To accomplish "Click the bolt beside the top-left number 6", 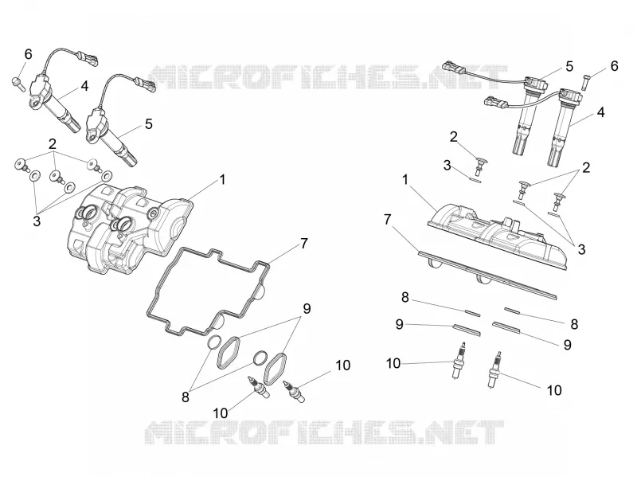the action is pos(18,84).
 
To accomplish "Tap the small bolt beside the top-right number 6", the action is pos(587,82).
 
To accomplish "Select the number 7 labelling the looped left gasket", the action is pos(304,244).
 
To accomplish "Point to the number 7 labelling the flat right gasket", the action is pos(387,220).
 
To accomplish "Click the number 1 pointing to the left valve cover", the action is pos(222,179).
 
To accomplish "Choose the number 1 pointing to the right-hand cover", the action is pos(405,179).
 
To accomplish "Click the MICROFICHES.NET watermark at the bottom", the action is pos(324,432).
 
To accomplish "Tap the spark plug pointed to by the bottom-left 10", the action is pos(258,386).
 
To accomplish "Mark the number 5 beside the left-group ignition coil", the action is pos(149,123).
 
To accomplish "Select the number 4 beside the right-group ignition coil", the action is pos(601,112).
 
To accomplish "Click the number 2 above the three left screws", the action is pos(53,144).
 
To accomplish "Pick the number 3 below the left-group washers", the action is pos(37,221).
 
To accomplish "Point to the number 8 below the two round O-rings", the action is pos(186,397).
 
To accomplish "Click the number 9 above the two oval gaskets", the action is pos(307,308).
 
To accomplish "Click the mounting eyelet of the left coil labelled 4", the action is pos(35,103).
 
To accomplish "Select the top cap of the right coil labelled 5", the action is pos(534,84).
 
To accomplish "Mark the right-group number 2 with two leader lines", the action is pos(586,167).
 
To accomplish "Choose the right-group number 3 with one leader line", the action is pos(447,165).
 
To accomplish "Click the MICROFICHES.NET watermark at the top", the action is pos(327,76).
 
